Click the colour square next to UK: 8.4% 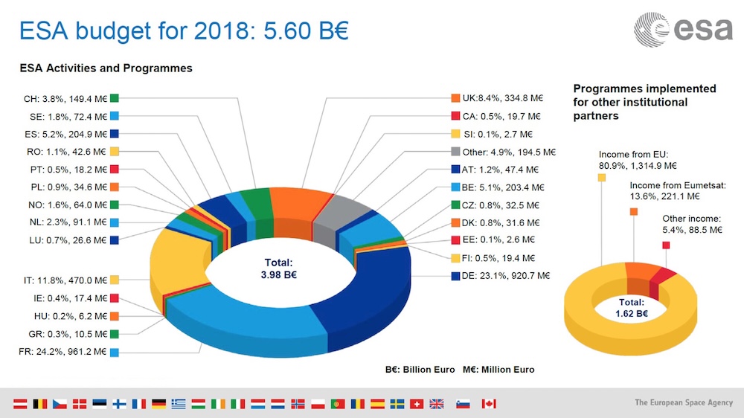click(455, 98)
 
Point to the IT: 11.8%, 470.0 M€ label click(65, 280)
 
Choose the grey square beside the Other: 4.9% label click(455, 152)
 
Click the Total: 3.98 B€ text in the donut click(279, 269)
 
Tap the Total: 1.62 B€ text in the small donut click(631, 308)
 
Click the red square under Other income click(666, 245)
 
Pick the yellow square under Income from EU click(601, 177)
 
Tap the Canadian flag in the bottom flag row click(488, 404)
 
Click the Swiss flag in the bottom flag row click(417, 404)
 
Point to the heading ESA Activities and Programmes click(106, 68)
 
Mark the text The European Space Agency click(684, 402)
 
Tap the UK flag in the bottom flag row click(437, 404)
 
